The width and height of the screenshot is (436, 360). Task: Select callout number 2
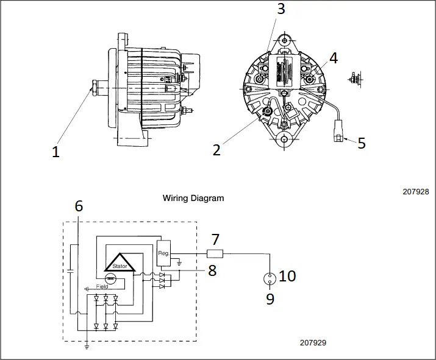216,149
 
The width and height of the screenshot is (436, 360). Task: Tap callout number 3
281,9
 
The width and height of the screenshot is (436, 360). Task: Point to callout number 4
333,58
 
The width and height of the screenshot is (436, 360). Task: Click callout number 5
362,143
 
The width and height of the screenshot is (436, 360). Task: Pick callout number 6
78,206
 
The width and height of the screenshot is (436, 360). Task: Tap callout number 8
212,270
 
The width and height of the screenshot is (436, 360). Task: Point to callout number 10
287,276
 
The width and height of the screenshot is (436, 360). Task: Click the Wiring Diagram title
193,198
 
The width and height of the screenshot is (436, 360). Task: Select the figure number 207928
416,191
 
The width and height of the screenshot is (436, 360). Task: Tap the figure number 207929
313,343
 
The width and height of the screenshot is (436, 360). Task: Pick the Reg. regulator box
164,253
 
